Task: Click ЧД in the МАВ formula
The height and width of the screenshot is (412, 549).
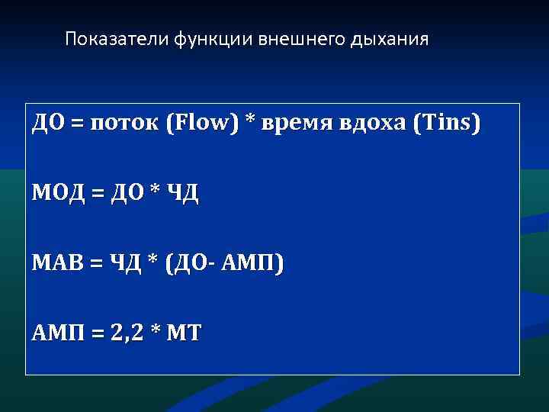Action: point(124,263)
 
